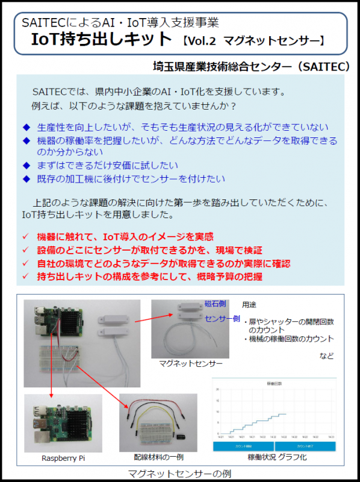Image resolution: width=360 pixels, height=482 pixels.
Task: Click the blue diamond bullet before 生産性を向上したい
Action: (x=26, y=127)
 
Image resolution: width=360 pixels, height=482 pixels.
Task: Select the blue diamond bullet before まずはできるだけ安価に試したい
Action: (x=26, y=164)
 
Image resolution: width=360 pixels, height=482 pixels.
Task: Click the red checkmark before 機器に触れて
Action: (x=25, y=237)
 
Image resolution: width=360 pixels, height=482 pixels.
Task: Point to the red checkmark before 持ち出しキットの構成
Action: (x=25, y=277)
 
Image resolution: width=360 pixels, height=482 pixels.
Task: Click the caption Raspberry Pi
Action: (x=63, y=458)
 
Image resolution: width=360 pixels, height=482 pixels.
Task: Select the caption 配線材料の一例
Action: (x=158, y=458)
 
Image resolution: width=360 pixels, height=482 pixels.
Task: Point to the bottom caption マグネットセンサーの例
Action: (x=180, y=473)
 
